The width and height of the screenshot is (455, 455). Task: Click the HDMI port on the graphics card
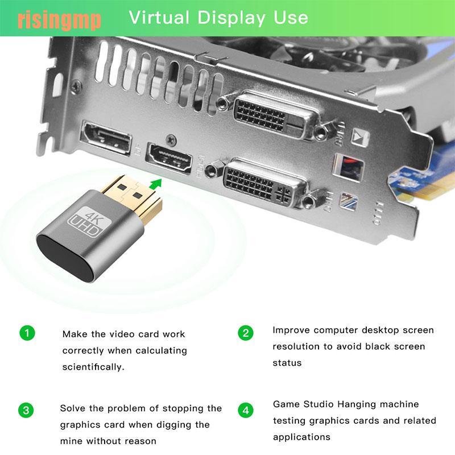tap(170, 156)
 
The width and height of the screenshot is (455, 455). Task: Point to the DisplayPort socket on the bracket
tap(106, 136)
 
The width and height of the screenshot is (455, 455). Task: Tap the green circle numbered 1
tap(27, 333)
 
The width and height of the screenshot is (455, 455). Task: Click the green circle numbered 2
tap(246, 333)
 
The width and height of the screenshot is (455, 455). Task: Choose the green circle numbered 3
tap(27, 411)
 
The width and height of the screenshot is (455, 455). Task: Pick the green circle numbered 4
tap(246, 411)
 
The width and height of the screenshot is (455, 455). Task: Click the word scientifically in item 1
tap(93, 367)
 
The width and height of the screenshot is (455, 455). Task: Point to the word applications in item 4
tap(301, 437)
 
